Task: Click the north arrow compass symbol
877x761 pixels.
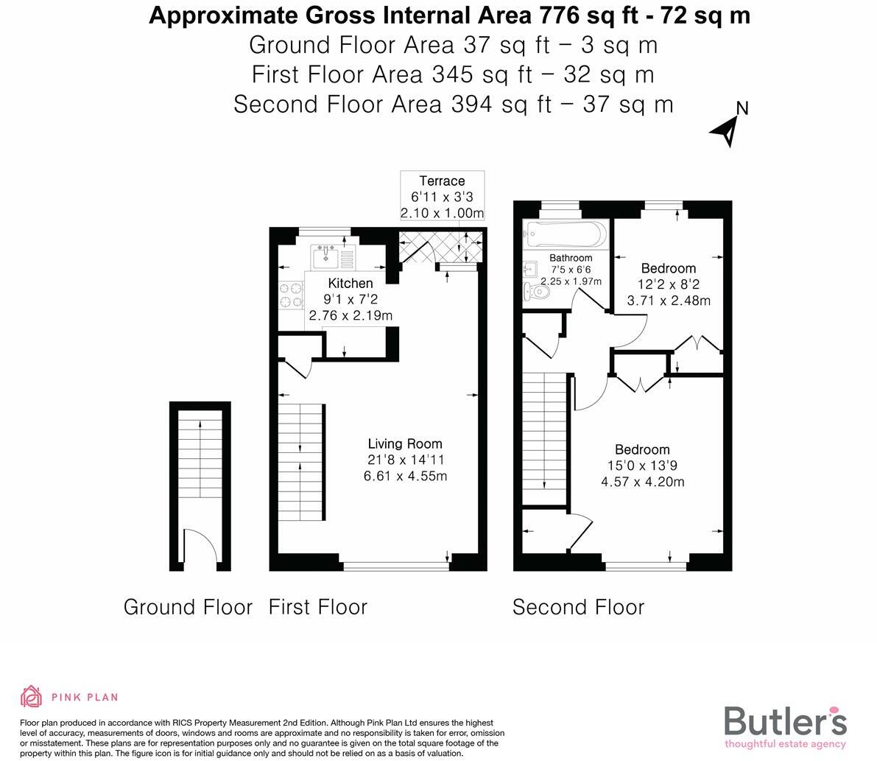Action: pos(726,130)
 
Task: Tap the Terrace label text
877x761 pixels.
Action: pos(442,181)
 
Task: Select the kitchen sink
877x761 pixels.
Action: pos(326,258)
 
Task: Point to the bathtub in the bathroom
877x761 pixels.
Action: pos(565,235)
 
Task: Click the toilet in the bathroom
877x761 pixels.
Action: pos(535,292)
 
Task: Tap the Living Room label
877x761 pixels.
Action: pos(405,443)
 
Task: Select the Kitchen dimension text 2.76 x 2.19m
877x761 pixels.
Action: pos(351,315)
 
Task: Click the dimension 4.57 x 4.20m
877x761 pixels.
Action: pos(642,482)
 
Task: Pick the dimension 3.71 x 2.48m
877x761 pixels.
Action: pos(668,301)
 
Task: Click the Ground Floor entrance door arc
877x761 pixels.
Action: pos(200,548)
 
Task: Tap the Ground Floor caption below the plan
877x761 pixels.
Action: pos(188,607)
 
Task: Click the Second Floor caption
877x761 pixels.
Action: pos(578,607)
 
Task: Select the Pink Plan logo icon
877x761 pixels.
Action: pos(31,696)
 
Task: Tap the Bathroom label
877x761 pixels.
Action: pos(571,258)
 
